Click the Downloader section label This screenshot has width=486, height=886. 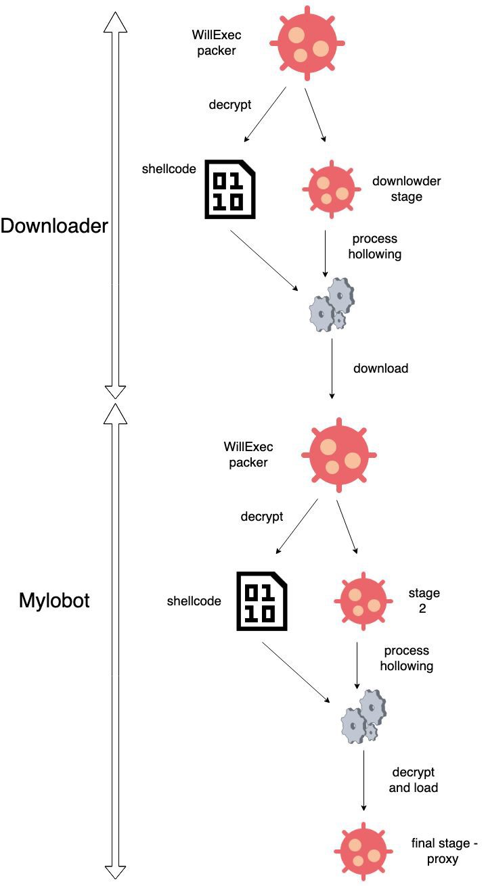54,226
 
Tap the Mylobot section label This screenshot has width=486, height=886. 54,601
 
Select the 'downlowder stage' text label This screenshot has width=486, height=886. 406,189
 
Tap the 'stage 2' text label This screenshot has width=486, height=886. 424,601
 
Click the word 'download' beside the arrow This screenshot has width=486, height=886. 381,369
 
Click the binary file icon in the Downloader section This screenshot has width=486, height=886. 230,190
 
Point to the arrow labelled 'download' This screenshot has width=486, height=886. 332,369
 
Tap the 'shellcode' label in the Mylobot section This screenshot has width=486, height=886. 194,601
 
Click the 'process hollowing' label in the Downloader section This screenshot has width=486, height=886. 375,247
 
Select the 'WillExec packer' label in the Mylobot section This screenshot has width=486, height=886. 248,454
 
